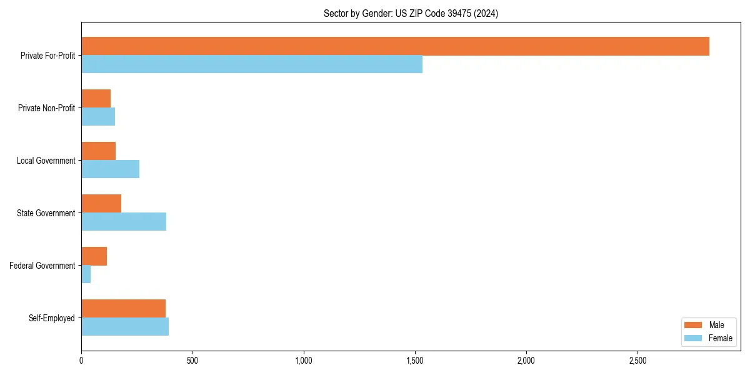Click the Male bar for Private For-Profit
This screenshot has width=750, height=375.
click(395, 46)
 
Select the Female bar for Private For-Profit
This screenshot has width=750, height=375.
click(252, 64)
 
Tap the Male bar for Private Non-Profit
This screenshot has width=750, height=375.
click(96, 99)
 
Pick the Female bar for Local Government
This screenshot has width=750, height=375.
click(110, 169)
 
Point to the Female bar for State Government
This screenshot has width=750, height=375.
click(124, 222)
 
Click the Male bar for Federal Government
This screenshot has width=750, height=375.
click(94, 256)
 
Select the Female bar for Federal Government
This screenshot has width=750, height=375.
click(86, 274)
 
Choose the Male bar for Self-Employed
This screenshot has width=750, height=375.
click(123, 309)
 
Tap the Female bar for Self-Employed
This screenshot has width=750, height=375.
click(125, 327)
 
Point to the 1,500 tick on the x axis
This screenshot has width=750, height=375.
click(415, 361)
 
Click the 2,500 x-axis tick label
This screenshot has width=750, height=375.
click(637, 361)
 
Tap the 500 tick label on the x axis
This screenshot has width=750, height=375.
click(192, 361)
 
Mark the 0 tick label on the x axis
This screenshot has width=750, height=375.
click(81, 361)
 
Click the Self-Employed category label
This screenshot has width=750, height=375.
click(52, 318)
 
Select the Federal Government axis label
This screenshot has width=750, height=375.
click(42, 266)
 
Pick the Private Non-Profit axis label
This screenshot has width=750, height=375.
click(46, 108)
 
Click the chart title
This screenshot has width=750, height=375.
click(411, 13)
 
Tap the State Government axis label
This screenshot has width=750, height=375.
click(46, 213)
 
